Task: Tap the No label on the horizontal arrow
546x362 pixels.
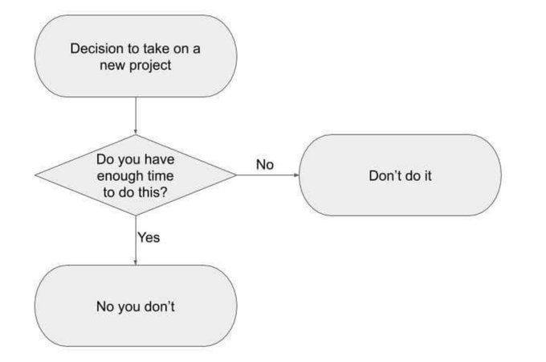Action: click(265, 165)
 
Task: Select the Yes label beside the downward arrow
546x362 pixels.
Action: click(150, 237)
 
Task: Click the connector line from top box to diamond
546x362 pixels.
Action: click(135, 113)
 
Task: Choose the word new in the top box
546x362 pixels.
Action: click(112, 64)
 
